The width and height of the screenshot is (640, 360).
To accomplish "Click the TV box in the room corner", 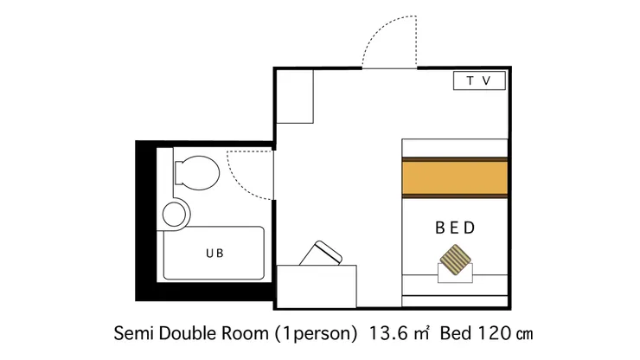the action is click(x=479, y=80).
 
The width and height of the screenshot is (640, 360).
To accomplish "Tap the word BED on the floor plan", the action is click(x=455, y=228).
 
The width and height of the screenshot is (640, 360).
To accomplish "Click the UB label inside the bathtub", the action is click(x=214, y=254).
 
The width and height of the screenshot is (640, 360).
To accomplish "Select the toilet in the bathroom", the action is click(x=197, y=173).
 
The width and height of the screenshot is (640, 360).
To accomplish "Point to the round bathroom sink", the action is click(x=176, y=214).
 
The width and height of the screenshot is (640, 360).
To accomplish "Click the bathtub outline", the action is click(x=163, y=254).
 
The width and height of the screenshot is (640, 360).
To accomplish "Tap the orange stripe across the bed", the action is click(x=455, y=177).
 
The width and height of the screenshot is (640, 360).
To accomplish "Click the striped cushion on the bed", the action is click(x=455, y=260).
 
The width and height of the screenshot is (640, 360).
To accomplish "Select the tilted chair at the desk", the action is click(x=321, y=254).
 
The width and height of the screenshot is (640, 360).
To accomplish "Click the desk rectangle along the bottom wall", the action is click(x=317, y=286).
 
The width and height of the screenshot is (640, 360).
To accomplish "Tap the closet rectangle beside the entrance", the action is click(x=295, y=96).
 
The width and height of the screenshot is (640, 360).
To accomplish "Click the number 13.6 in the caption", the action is click(x=388, y=333).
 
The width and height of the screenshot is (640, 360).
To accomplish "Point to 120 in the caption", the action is click(x=494, y=333).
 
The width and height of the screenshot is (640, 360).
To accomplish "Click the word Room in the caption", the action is click(x=245, y=333).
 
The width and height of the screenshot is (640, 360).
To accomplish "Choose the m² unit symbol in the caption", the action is click(x=421, y=333).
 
